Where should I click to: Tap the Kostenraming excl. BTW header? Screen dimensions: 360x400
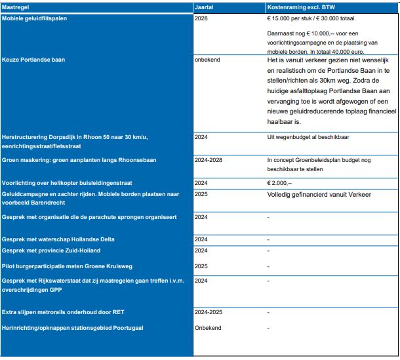coord(295,7)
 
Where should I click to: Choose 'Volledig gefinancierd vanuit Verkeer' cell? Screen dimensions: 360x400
coord(319,195)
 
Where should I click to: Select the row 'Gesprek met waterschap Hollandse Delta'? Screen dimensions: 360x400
coord(58,239)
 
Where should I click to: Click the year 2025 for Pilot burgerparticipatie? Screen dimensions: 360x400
coord(201,266)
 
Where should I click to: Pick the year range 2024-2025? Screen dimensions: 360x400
coord(209,312)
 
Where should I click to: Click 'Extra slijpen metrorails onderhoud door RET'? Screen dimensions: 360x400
coord(63,312)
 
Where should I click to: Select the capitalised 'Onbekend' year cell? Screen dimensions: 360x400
coord(208,327)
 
